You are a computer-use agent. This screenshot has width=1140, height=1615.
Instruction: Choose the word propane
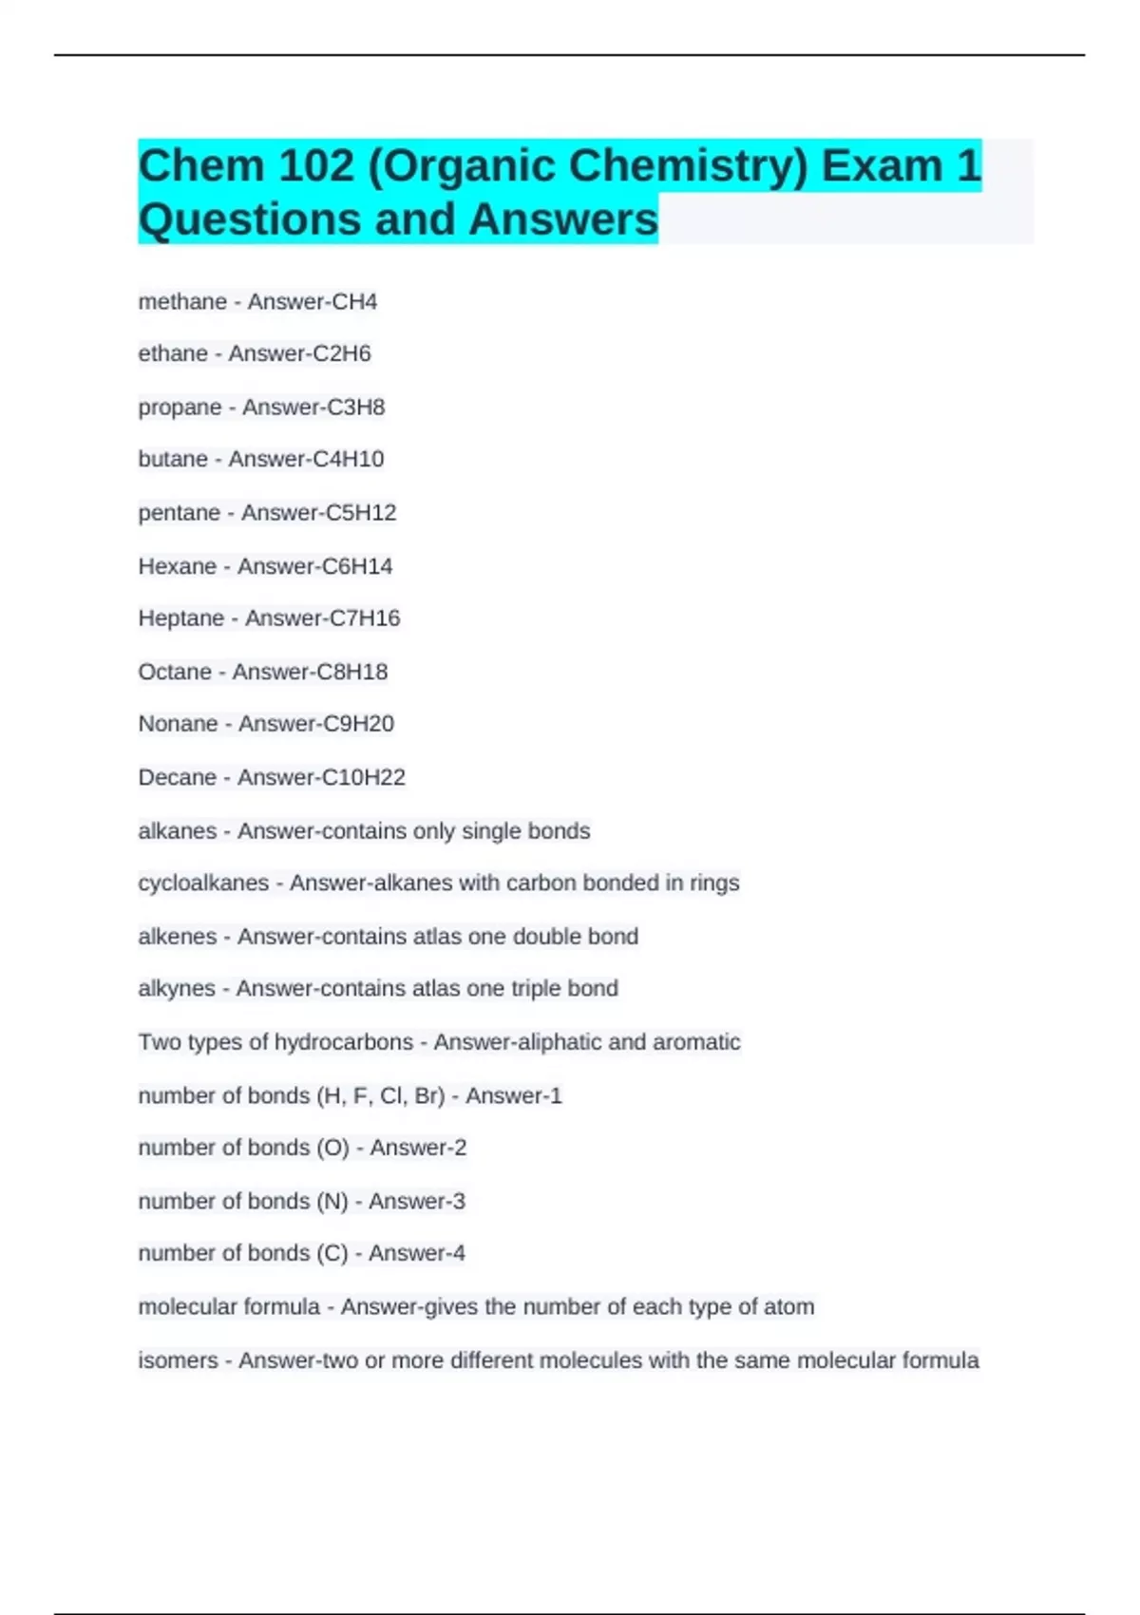coord(180,408)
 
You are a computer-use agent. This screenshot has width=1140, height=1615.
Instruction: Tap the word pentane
coord(179,513)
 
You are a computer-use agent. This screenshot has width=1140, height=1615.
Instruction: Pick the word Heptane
coord(180,618)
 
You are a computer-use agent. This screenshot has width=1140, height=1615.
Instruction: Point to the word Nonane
coord(177,724)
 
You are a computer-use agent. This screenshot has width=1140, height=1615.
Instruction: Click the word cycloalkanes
coord(203,883)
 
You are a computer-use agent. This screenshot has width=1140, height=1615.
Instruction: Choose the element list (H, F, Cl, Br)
coord(380,1096)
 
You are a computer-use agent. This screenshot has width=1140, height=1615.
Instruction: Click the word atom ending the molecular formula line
coord(788,1307)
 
